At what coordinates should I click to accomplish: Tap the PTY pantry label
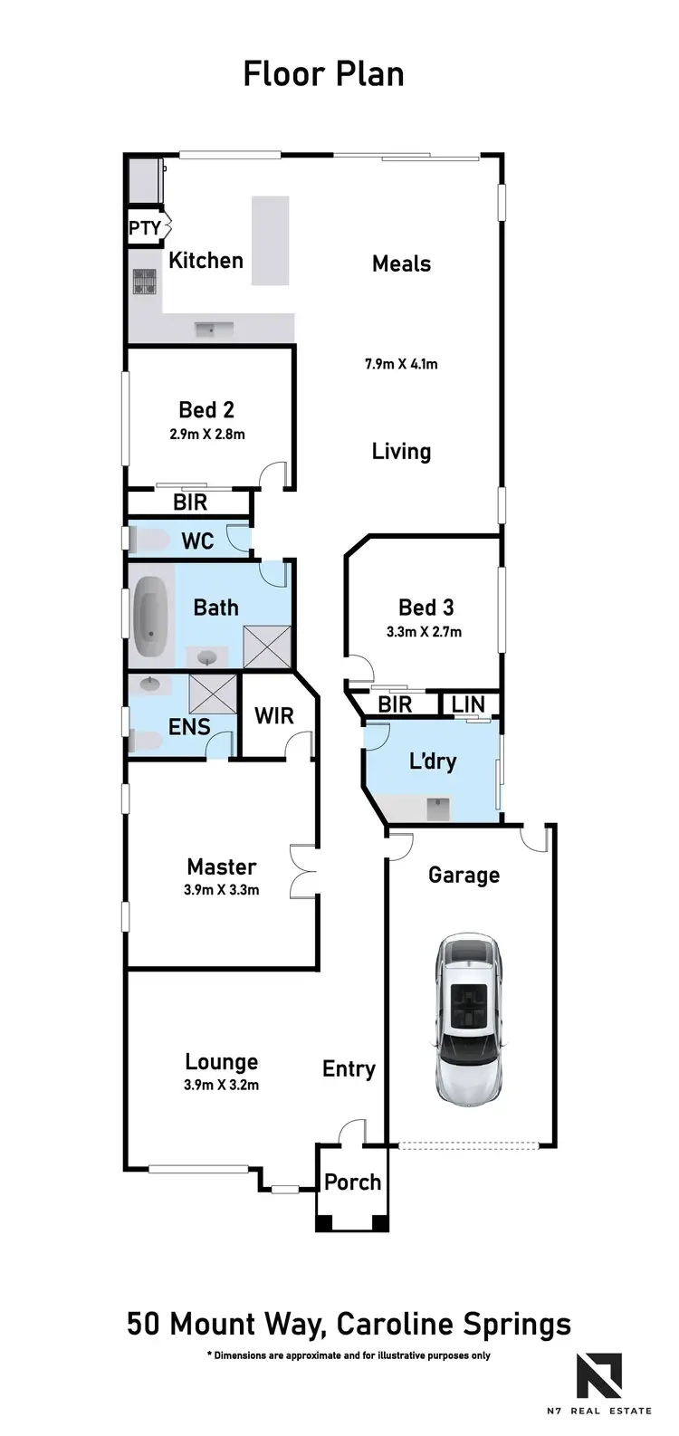[145, 228]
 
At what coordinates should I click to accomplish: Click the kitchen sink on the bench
[215, 329]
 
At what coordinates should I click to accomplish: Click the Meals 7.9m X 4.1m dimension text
[401, 364]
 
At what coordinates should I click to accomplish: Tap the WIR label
[273, 716]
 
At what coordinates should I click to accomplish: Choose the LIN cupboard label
[468, 704]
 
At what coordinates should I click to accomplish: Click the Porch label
[352, 1182]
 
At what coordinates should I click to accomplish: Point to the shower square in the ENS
[213, 694]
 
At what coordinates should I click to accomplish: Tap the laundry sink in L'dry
[438, 807]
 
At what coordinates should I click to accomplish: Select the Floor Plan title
[323, 73]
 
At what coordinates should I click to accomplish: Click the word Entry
[349, 1069]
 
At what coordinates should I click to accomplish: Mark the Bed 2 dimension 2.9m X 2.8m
[207, 434]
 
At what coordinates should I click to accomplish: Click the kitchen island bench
[270, 241]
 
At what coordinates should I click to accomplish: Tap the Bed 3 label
[426, 608]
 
